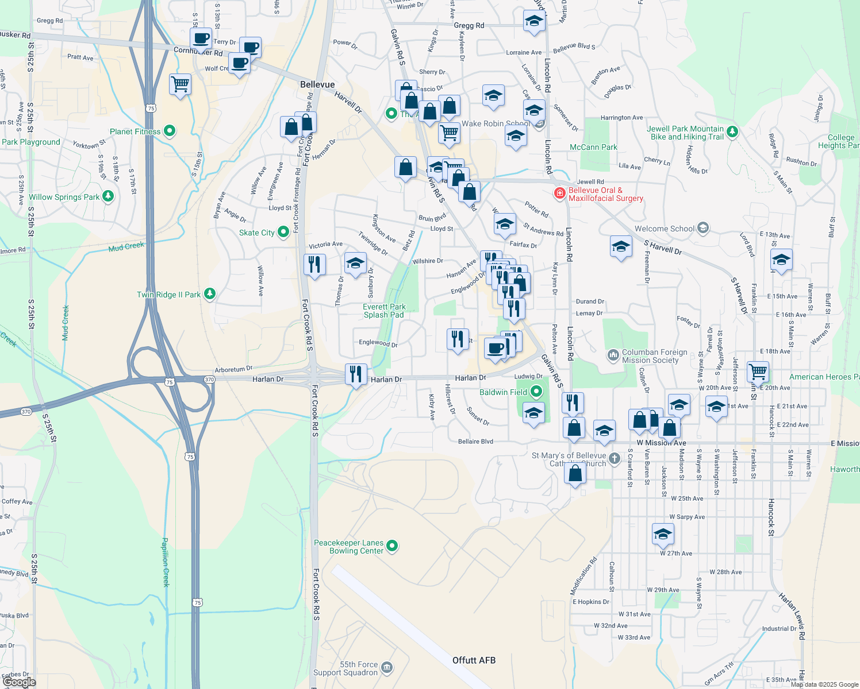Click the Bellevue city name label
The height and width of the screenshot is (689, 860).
click(x=317, y=84)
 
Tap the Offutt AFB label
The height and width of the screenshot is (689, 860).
click(x=474, y=660)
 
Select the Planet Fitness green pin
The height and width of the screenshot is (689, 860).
click(x=170, y=131)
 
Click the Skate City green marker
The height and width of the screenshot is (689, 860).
click(x=283, y=232)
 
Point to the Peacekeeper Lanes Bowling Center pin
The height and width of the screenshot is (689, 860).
click(x=392, y=545)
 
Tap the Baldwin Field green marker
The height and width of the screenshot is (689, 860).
click(x=536, y=392)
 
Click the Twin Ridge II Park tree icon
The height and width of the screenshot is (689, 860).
click(x=210, y=294)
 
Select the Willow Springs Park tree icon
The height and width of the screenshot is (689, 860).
click(x=108, y=196)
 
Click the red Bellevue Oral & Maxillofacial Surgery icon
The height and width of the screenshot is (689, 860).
click(x=559, y=193)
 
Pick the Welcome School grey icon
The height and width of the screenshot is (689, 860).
click(x=702, y=228)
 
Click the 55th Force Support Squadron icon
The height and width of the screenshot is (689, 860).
click(x=387, y=667)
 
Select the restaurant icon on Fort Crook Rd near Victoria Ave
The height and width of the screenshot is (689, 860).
click(x=314, y=264)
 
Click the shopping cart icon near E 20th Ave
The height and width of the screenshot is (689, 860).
click(x=758, y=371)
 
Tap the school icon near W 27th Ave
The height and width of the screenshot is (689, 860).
click(x=663, y=533)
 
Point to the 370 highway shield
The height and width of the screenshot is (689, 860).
click(x=209, y=380)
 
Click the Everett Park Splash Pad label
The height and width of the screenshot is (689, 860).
click(x=384, y=311)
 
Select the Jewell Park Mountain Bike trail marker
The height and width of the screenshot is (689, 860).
click(x=732, y=131)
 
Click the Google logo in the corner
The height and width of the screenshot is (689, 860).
click(x=19, y=682)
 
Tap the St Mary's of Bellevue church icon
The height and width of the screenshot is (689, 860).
click(x=615, y=458)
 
